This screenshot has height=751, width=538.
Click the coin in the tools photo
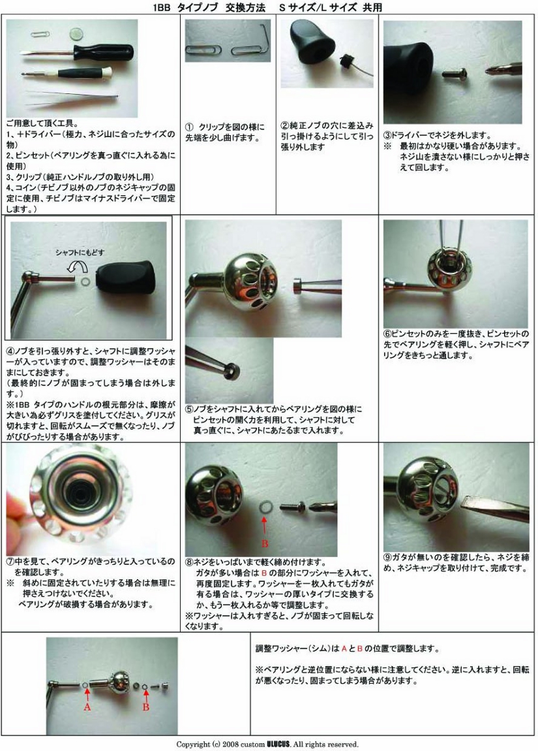[76, 33]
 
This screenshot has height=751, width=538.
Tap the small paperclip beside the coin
[40, 34]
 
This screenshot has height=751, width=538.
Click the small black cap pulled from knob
[345, 62]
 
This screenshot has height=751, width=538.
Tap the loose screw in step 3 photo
[454, 73]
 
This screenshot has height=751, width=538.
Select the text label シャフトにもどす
[80, 253]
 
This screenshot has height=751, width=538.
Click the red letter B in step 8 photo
[265, 543]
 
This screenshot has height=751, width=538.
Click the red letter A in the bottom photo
[87, 707]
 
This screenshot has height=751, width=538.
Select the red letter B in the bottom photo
[146, 707]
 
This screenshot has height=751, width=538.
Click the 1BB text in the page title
[161, 7]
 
